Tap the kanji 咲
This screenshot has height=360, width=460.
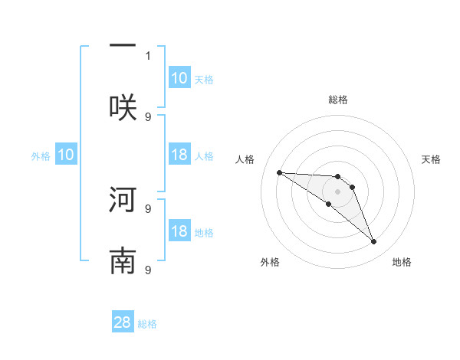123,106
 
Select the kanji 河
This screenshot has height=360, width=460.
123,200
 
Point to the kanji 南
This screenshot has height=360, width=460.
123,261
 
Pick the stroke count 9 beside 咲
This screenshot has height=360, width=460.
148,116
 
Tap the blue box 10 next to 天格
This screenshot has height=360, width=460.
179,77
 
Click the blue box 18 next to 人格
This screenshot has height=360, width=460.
179,155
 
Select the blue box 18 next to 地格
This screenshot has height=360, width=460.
179,231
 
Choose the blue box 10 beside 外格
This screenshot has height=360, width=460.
66,155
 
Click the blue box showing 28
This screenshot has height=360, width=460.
123,322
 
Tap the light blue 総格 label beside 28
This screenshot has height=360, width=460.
147,324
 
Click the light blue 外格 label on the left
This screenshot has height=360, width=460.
41,156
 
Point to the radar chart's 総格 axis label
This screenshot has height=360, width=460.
338,100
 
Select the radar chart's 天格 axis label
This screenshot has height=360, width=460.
432,159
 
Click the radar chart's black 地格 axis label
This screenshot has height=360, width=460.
402,262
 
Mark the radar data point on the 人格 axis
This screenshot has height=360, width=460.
279,172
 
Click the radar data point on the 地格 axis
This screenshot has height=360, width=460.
373,242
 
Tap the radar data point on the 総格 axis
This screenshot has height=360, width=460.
338,176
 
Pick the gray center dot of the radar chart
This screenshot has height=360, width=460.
338,191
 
